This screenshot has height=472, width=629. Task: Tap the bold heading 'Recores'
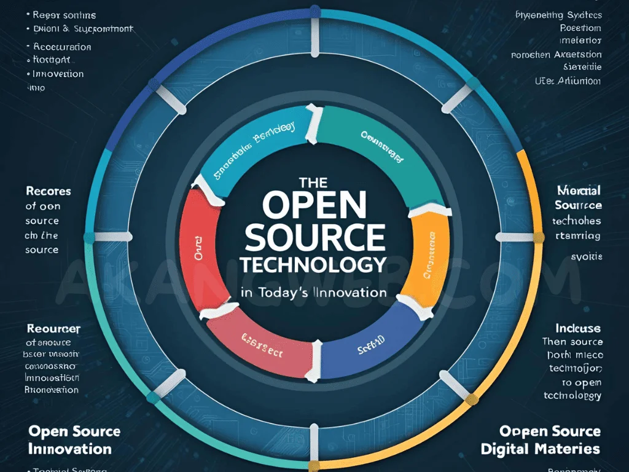(x=48, y=191)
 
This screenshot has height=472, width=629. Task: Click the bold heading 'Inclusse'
(x=578, y=328)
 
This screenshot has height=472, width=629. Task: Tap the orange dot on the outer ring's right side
(x=539, y=237)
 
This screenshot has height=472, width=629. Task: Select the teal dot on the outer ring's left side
(x=90, y=237)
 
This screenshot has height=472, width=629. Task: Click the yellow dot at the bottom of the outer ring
(x=314, y=465)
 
